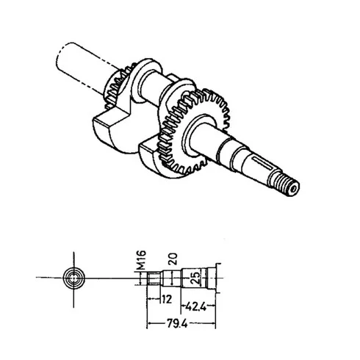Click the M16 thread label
(141, 259)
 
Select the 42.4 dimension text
(196, 306)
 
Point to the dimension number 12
(167, 299)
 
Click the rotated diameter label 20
(173, 259)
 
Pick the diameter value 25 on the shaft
(195, 278)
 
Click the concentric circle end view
(74, 278)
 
